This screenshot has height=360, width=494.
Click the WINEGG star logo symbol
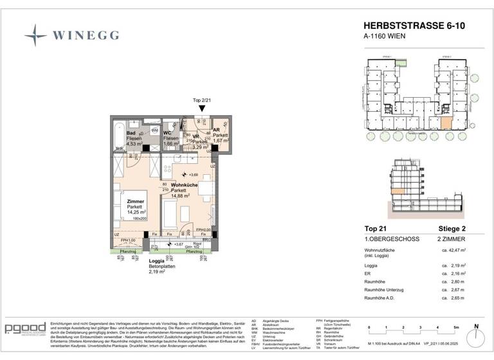coord(35,35)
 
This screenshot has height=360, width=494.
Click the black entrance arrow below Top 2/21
coord(201,110)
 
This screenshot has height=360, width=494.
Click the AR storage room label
coord(217,129)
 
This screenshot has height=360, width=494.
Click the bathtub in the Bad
coord(116,136)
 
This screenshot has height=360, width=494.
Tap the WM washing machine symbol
coord(154,130)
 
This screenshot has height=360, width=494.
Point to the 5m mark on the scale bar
coord(454,328)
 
